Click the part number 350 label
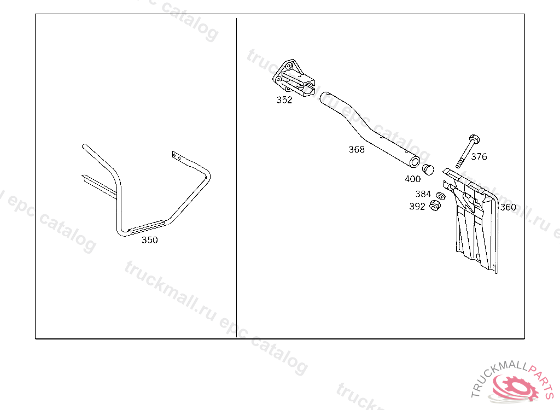coord(149,240)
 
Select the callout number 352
coord(284,100)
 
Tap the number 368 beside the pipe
coord(357,149)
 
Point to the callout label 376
coord(479,157)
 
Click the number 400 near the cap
coord(412,179)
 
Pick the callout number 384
coord(423,194)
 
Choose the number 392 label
coord(417,207)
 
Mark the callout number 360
coord(508,207)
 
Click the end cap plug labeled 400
coord(428,168)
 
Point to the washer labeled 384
coord(440,196)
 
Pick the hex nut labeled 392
coord(436,206)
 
